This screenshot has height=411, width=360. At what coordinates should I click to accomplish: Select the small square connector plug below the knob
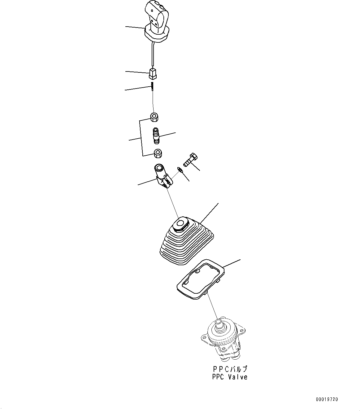153,74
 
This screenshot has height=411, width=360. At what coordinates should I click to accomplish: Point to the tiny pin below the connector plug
152,87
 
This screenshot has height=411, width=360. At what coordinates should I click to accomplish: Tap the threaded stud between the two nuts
156,136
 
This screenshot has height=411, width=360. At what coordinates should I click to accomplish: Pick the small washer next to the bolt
179,169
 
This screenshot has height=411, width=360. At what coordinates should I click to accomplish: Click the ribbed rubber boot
186,244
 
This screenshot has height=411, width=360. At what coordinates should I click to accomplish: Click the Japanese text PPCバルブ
230,369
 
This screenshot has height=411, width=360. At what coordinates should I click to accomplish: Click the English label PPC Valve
230,377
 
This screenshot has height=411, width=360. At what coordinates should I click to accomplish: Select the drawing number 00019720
327,399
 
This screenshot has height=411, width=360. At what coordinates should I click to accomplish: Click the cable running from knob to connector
152,56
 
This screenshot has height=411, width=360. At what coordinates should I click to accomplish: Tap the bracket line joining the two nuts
141,138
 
